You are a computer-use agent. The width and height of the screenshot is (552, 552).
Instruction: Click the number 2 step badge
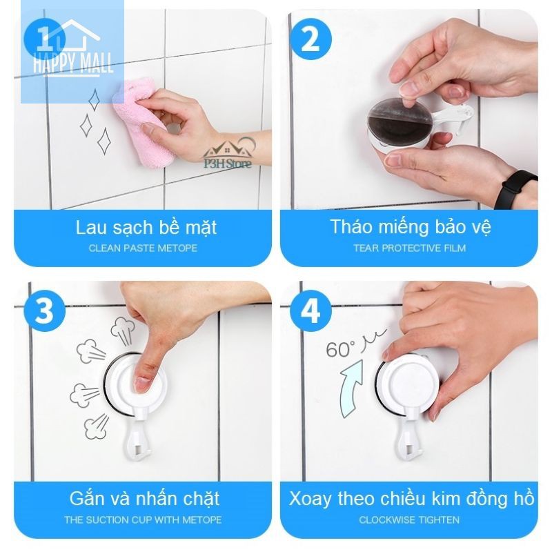(310, 38)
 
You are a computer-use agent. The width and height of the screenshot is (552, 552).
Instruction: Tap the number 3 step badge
(44, 310)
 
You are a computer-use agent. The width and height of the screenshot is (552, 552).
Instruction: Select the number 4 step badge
(310, 310)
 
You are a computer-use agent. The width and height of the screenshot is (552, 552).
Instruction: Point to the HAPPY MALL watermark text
(72, 63)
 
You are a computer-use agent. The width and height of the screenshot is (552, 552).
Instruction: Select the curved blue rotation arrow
(351, 388)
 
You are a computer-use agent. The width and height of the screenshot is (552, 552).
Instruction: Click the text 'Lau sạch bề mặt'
(146, 228)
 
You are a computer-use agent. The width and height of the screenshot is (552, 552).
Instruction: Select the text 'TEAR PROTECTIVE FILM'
(409, 248)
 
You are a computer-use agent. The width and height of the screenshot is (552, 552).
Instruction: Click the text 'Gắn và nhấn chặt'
(144, 498)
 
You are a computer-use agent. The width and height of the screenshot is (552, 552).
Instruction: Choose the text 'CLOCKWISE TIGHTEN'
(409, 520)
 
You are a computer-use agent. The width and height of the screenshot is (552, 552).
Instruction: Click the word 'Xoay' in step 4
(310, 499)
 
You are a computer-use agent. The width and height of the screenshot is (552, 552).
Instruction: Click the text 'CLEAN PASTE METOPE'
(143, 248)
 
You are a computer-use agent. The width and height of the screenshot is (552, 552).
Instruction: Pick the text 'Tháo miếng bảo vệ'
(411, 227)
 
